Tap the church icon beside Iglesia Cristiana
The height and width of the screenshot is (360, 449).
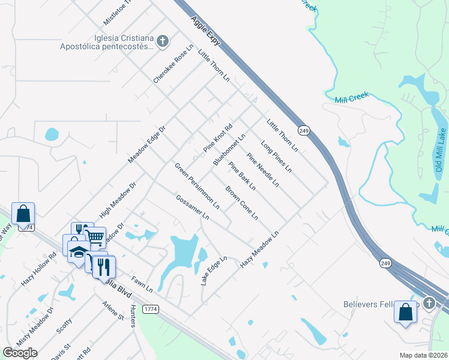[162, 41]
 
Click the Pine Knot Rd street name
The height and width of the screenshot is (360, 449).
[217, 137]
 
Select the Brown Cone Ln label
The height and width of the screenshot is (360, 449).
[242, 203]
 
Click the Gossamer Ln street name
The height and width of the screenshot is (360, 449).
[192, 206]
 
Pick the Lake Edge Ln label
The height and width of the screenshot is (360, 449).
[214, 271]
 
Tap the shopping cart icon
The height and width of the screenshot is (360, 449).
[95, 237]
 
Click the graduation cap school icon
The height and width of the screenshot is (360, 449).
[78, 253]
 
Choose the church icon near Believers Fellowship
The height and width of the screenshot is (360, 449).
[429, 303]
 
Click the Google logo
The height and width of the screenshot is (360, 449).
[20, 353]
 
